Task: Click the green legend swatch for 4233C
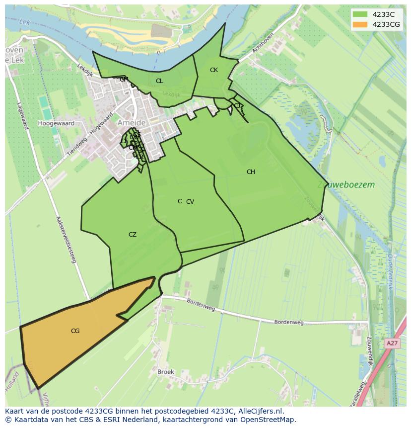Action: pos(360,14)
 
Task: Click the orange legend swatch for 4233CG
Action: pos(360,24)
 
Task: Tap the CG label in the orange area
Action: pos(75,331)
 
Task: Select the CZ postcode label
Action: pos(133,235)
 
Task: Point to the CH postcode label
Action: pos(251,172)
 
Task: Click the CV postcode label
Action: pos(190,202)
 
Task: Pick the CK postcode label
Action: pos(214,70)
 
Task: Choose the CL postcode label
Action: pos(159,81)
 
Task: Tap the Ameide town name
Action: pos(132,123)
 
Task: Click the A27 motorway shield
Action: pos(392,343)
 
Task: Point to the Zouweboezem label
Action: pos(346,185)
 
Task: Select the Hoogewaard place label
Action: pos(56,123)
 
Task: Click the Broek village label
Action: pos(165,372)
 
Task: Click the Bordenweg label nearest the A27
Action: pos(289,323)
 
